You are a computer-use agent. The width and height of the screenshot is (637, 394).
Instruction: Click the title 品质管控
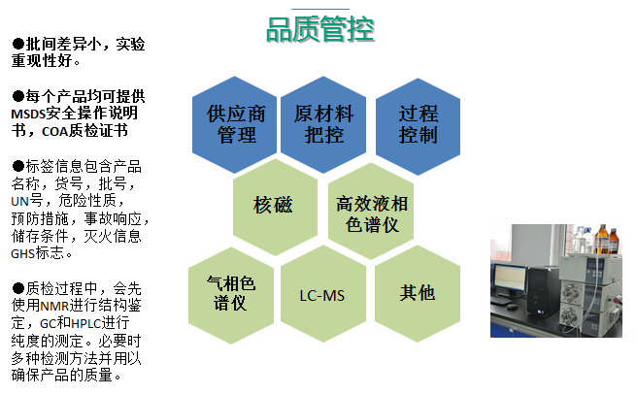coord(320,29)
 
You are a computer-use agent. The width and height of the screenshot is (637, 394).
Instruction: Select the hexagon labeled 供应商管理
coord(235,124)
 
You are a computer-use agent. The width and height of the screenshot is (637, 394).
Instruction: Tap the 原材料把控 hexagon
coord(323,124)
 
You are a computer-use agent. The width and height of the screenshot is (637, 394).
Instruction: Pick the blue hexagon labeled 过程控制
coord(418,126)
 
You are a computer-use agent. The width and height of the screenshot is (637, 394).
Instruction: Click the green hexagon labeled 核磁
coord(276,207)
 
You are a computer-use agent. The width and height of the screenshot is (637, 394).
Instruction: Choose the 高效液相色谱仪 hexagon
coord(371,212)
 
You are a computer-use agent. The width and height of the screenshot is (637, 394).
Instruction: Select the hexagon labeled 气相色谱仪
coord(231,295)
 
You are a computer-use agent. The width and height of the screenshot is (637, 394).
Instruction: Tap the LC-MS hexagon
coord(323,294)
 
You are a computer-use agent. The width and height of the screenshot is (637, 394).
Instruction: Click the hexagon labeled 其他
coord(418,294)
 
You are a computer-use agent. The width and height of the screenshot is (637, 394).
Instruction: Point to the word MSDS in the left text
coord(28,115)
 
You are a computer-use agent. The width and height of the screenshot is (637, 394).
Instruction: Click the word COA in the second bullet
coord(54,132)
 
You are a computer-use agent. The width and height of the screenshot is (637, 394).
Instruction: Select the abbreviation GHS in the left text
coord(22,254)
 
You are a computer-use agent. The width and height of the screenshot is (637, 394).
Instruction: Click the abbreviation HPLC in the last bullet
coord(86,324)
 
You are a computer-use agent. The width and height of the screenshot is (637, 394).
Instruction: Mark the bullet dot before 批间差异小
coord(17,44)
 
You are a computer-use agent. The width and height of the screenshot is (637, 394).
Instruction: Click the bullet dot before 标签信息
coord(17,166)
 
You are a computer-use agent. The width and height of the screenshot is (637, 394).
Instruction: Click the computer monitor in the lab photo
coord(509,279)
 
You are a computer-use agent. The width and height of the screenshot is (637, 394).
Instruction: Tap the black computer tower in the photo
coord(543,291)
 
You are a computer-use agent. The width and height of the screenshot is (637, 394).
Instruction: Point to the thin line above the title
coord(320,9)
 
